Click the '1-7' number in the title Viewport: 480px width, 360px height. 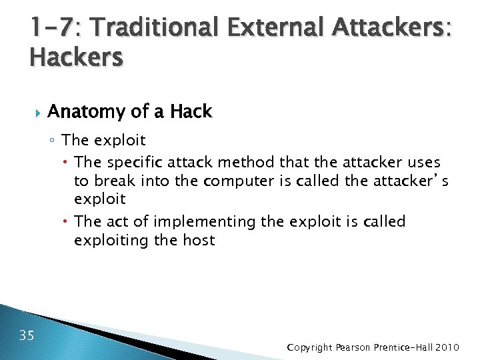(51, 27)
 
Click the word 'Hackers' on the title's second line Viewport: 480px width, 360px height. (77, 58)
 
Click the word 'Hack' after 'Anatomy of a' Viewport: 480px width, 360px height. (191, 112)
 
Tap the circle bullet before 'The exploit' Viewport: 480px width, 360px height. (53, 141)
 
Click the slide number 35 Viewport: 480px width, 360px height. (27, 335)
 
